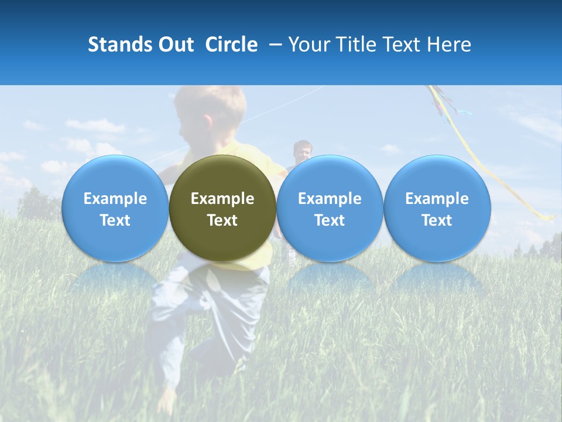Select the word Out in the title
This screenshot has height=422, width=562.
(176, 45)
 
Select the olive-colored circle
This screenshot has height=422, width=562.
(222, 208)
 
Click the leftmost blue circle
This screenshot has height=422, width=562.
(115, 208)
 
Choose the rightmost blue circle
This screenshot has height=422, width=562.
(437, 208)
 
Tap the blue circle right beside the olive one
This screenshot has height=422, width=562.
(330, 208)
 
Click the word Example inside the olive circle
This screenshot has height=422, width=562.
(222, 199)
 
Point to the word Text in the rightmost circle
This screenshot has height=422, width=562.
(437, 220)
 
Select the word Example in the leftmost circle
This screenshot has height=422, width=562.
(115, 199)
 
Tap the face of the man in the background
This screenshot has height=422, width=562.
(303, 152)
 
